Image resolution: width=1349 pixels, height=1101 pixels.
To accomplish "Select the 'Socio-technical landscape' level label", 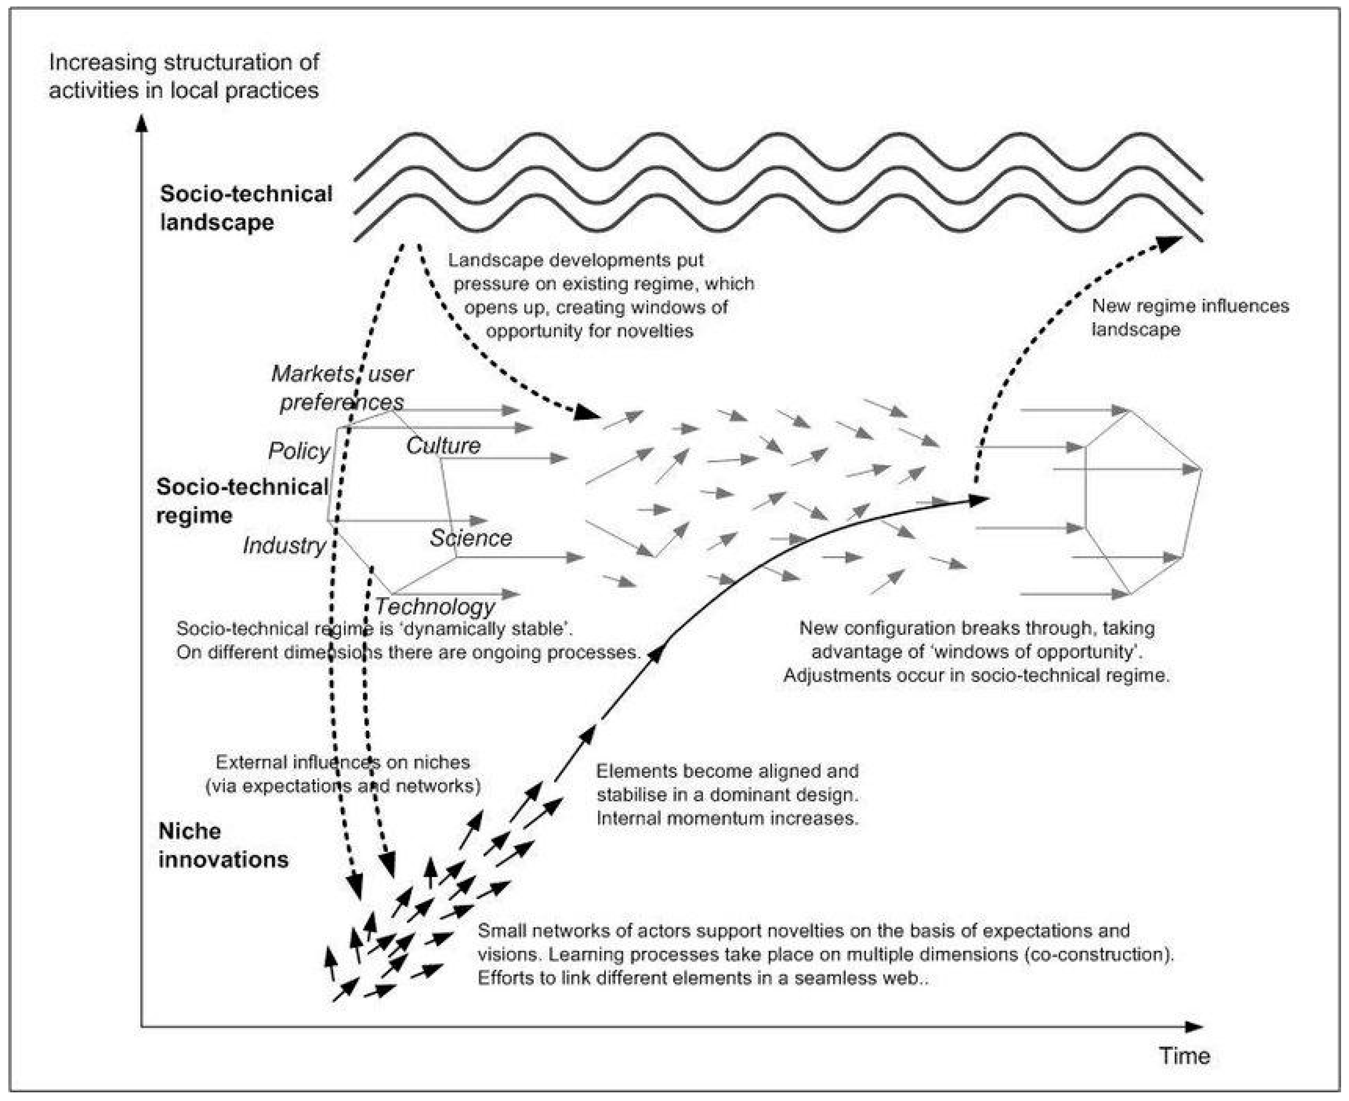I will [x=246, y=207].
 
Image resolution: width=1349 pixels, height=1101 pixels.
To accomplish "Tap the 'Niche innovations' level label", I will [x=223, y=845].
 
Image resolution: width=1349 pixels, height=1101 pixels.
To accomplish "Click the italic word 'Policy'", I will [x=299, y=451].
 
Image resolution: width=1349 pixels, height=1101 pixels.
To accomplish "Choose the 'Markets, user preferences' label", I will [x=342, y=387].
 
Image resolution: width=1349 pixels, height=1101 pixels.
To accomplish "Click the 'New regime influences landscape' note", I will [x=1190, y=317].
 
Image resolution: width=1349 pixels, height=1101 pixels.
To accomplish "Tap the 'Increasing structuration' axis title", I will [x=184, y=76].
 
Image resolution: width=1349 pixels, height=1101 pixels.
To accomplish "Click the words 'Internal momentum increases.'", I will [x=727, y=818].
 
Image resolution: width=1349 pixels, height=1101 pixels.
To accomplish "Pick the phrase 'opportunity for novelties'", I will [x=590, y=331].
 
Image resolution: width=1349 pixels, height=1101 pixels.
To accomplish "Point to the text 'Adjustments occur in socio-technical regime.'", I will [x=976, y=675].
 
